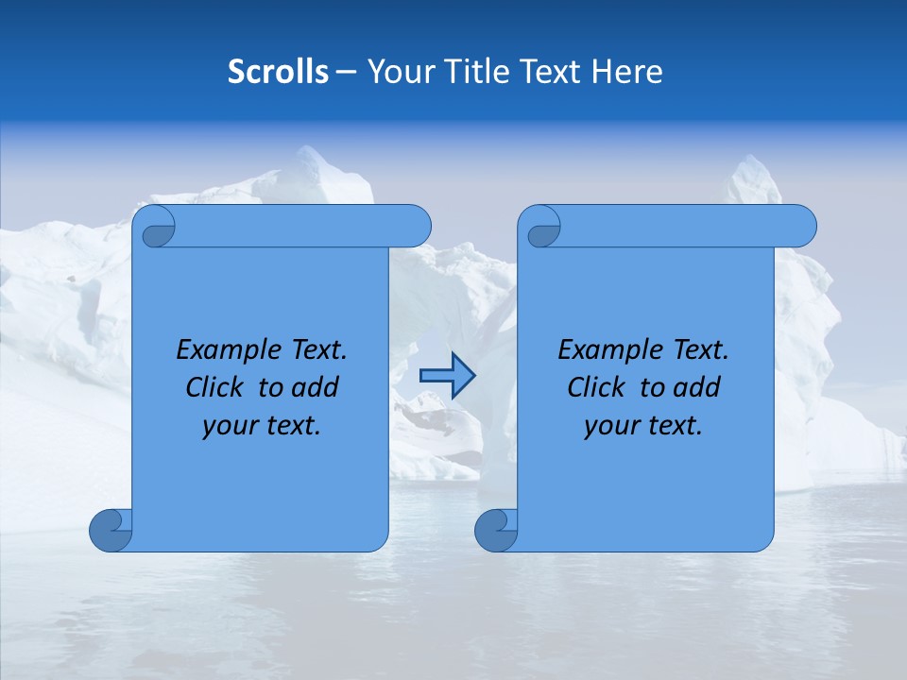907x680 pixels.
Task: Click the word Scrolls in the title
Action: click(x=278, y=72)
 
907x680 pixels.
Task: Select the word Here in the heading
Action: click(x=627, y=72)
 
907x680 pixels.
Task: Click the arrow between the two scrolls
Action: click(x=447, y=376)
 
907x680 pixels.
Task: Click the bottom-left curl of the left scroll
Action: click(x=111, y=530)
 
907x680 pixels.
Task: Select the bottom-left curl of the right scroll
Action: click(x=496, y=530)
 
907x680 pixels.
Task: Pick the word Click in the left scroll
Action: click(x=214, y=388)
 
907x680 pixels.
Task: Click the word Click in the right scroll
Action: click(x=596, y=388)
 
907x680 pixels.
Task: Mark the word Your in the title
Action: click(x=399, y=72)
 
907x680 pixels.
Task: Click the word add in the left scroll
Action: click(x=317, y=388)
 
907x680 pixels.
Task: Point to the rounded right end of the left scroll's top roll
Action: click(x=416, y=226)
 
